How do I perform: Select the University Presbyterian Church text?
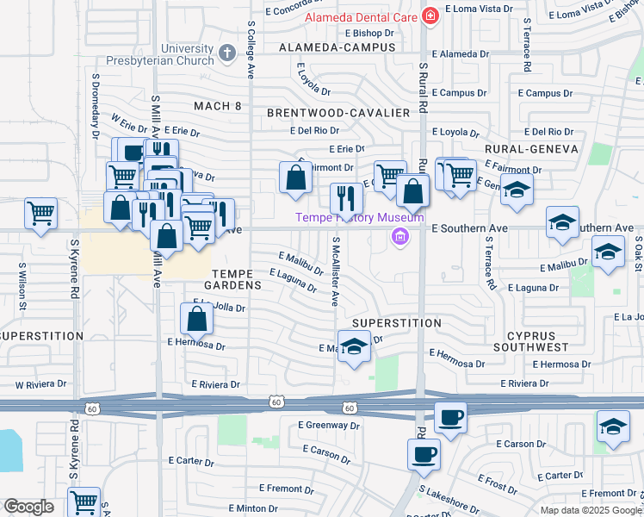coord(159,54)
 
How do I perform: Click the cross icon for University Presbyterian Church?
coord(227,53)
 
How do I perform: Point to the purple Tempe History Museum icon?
coord(399,236)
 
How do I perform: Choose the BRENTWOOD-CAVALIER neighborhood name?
coord(337,113)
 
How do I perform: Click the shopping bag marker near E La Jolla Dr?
coord(197,319)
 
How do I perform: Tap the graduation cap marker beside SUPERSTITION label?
coord(353,346)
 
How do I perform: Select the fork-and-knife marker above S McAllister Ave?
coord(346,198)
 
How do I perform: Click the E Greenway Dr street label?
coord(328,425)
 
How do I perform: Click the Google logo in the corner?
coord(28,507)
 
